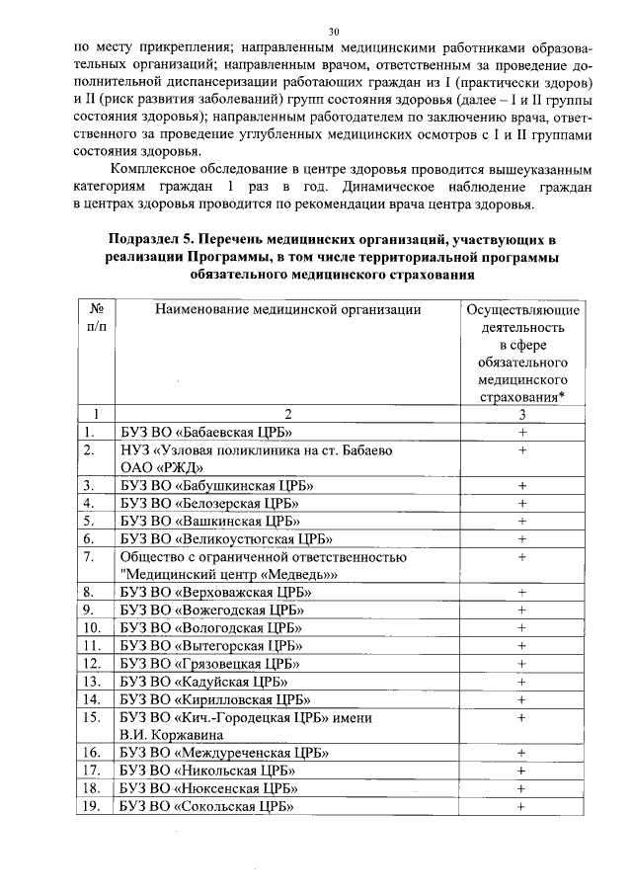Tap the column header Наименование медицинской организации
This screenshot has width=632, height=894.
tap(287, 310)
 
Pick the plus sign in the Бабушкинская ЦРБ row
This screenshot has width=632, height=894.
tap(520, 485)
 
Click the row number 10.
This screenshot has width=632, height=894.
tap(93, 627)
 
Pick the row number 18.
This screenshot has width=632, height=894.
tap(93, 788)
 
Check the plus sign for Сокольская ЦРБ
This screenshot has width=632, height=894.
tap(520, 806)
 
